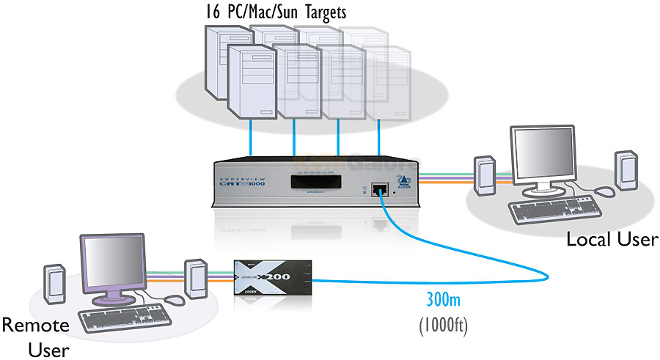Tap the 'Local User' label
[612, 239]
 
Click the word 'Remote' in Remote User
[35, 325]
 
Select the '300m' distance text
[446, 300]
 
